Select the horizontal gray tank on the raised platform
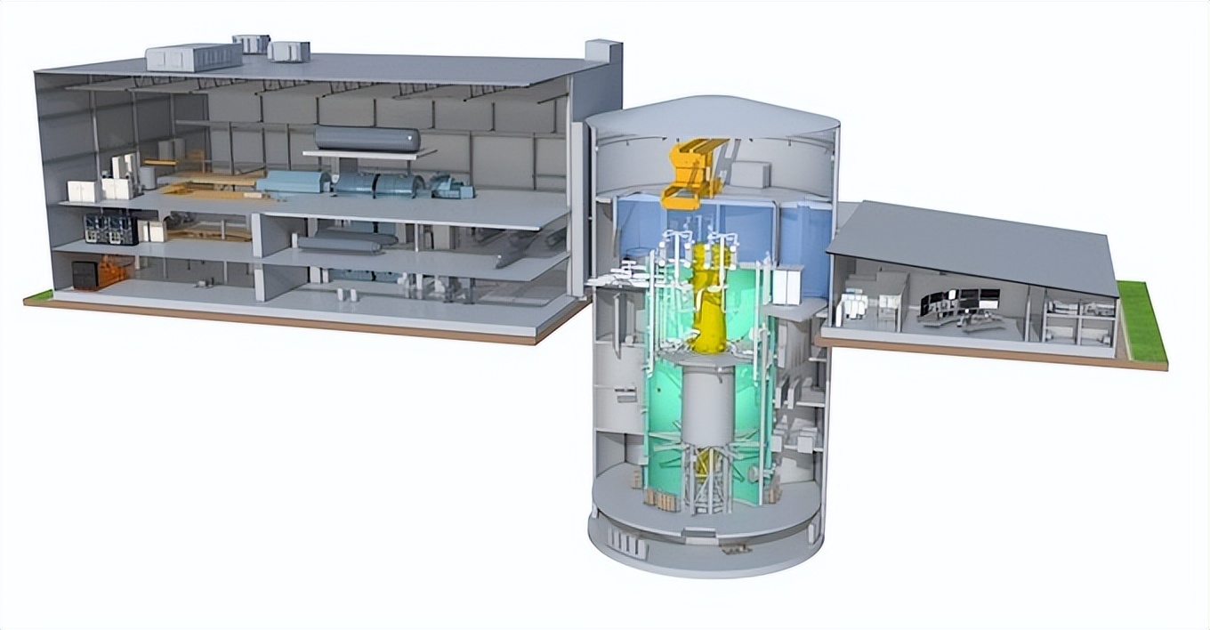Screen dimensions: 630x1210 [367, 138]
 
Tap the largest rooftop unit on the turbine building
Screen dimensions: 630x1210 [193, 56]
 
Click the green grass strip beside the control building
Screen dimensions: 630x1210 [1142, 321]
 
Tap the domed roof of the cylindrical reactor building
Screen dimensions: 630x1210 [712, 116]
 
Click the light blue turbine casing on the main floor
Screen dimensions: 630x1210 [293, 182]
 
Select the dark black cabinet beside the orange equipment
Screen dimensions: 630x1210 [84, 275]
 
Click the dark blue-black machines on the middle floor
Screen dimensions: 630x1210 [110, 229]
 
